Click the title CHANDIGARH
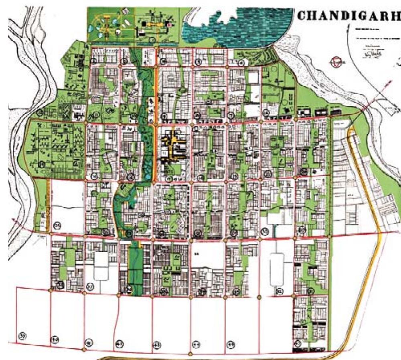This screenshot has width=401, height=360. point(348,16)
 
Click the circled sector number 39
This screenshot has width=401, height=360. point(23,336)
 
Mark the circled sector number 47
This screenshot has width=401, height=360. point(297,343)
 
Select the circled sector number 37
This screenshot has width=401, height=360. point(91,286)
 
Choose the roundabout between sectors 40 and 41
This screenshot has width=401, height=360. point(84,350)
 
